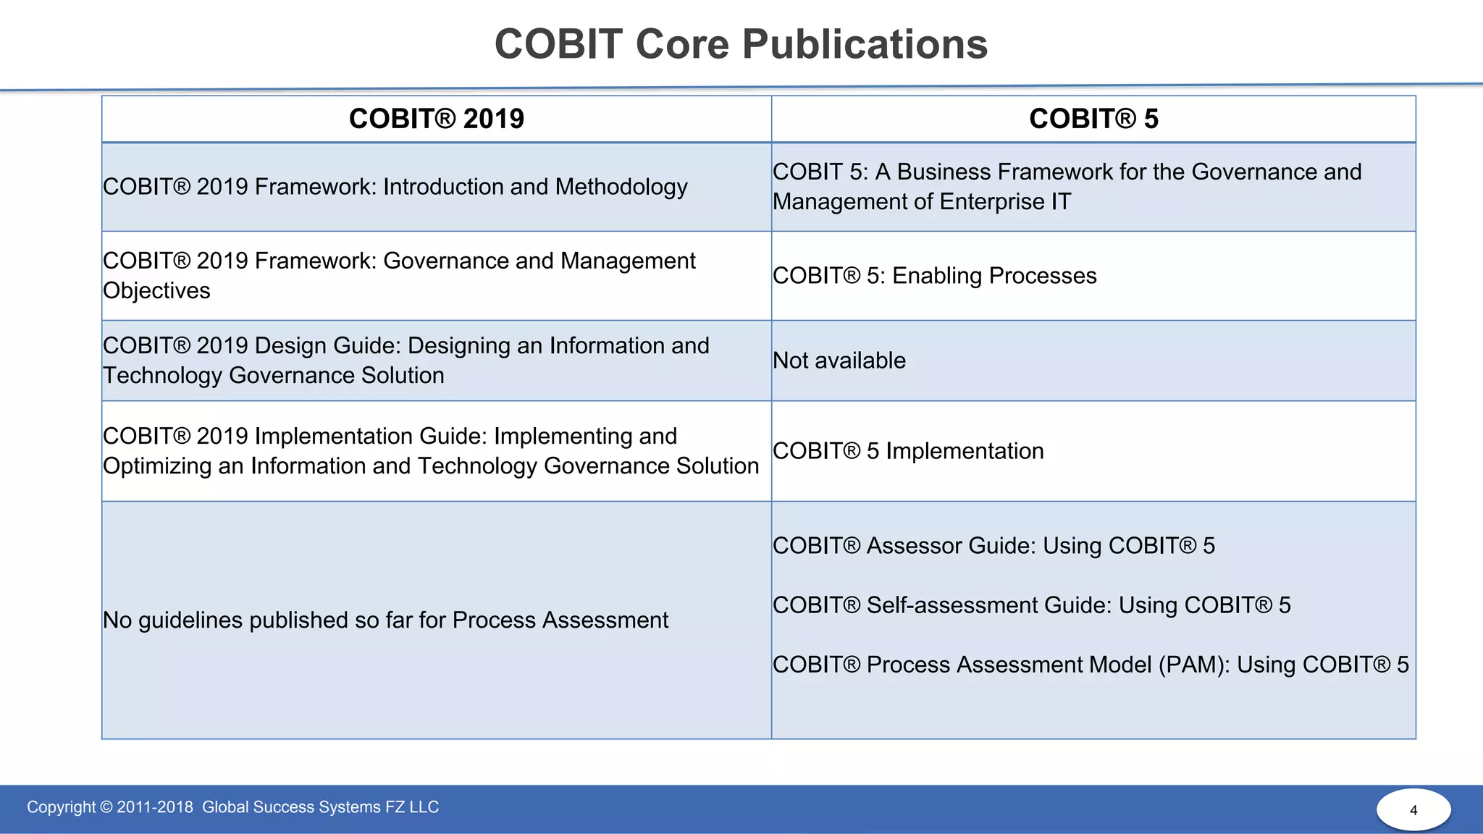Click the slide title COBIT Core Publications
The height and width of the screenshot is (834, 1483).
pos(741,44)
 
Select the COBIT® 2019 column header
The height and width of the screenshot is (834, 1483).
pos(436,119)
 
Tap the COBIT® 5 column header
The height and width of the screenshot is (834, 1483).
pos(1093,119)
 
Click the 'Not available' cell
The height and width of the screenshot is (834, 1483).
pos(839,361)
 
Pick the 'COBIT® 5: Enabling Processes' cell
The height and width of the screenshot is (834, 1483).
pos(934,276)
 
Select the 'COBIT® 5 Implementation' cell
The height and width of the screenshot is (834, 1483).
pos(908,451)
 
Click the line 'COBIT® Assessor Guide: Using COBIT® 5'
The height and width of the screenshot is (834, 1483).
pos(993,546)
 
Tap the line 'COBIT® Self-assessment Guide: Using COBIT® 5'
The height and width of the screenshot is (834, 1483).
pos(1031,605)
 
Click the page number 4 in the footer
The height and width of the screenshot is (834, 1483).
pos(1413,810)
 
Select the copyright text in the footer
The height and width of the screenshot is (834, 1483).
pos(232,807)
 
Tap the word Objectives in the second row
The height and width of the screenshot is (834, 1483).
pos(156,291)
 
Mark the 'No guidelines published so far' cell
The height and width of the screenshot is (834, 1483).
pos(385,620)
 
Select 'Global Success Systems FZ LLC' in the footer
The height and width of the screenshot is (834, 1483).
pos(320,807)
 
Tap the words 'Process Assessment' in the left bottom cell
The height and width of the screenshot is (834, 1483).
pos(560,620)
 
